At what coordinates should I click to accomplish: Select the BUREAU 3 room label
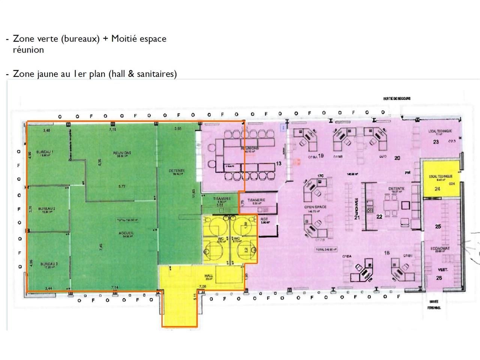(x=49, y=264)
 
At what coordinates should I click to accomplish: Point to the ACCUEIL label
(x=126, y=233)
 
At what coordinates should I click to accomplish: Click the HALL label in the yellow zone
(x=209, y=276)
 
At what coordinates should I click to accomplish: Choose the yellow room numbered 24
(x=437, y=189)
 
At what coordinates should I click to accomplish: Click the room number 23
(x=436, y=142)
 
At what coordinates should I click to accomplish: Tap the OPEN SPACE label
(x=315, y=207)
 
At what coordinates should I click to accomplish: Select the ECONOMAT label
(x=440, y=249)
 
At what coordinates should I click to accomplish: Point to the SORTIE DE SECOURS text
(x=397, y=99)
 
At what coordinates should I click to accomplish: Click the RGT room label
(x=264, y=219)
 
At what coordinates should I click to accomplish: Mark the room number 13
(x=279, y=163)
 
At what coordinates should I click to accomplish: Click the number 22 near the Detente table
(x=379, y=216)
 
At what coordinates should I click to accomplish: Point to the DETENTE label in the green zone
(x=177, y=171)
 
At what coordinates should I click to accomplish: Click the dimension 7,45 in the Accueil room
(x=100, y=247)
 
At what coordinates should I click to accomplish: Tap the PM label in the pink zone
(x=408, y=173)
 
